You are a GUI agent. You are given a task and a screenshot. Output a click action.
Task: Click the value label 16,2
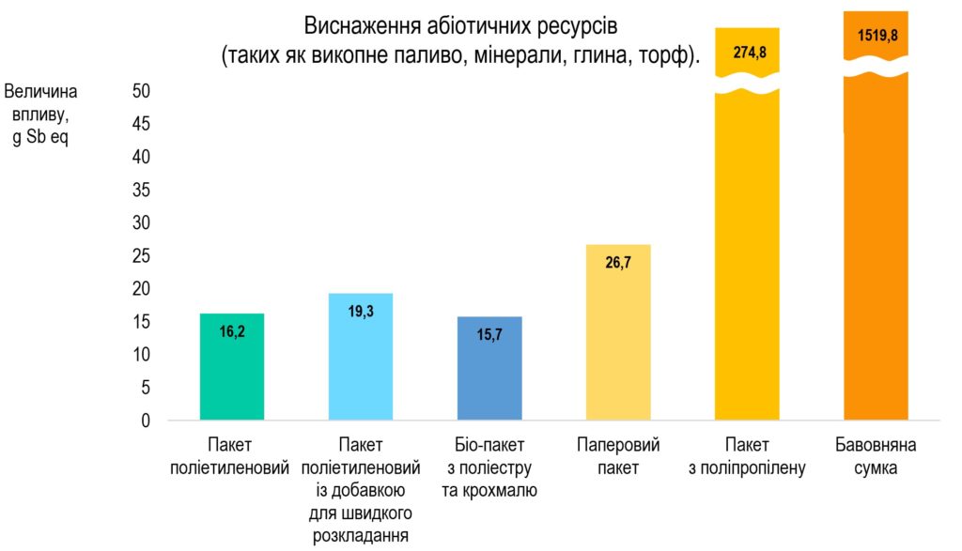[232, 330]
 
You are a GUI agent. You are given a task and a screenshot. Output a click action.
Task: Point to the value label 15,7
[489, 334]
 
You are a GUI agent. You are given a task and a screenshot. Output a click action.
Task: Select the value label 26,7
[618, 263]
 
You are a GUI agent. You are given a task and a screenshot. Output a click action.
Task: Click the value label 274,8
[748, 53]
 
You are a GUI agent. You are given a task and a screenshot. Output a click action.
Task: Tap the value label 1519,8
[876, 37]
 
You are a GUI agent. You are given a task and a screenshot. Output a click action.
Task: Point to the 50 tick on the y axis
[141, 91]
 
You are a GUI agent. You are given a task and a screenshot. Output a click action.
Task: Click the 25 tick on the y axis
[141, 256]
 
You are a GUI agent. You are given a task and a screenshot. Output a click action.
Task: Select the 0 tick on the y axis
[146, 421]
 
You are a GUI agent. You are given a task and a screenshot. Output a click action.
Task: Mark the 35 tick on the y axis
[141, 191]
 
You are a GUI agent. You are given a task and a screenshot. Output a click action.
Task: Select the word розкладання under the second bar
[361, 536]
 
